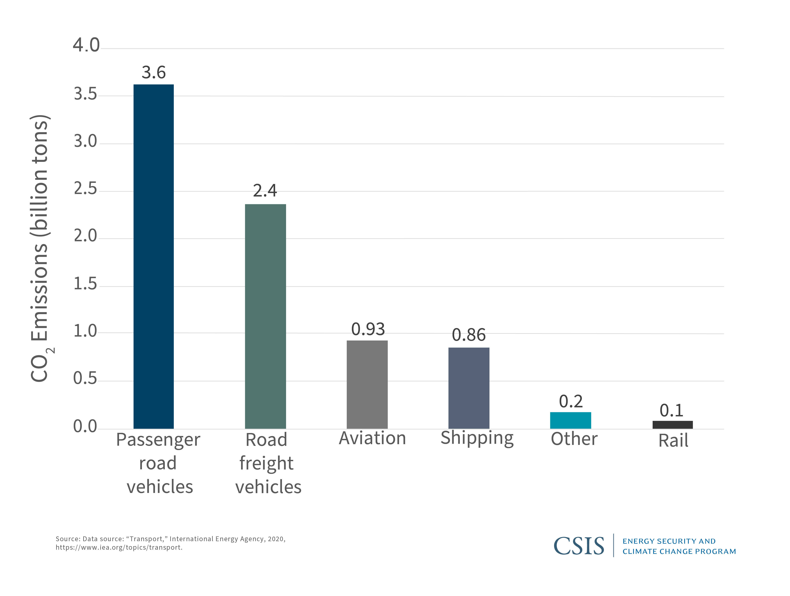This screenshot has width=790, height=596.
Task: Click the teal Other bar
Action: coord(570,420)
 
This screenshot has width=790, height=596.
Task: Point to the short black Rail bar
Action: coord(672,425)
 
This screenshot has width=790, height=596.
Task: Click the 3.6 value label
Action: coord(154,73)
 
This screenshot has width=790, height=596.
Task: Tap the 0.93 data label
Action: coord(368,329)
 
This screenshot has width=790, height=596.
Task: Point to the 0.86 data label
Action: coord(469,335)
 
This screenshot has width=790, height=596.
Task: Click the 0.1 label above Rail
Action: coord(671,411)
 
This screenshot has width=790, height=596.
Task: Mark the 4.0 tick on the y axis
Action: coord(86,45)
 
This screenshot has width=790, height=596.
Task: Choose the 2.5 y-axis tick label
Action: coord(85,189)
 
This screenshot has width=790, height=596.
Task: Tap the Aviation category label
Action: coord(373,438)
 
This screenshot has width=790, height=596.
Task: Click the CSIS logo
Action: coord(579,546)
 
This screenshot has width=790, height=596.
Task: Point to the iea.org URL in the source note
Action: coord(119,547)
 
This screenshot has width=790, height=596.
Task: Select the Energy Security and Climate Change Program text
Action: coord(679,546)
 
